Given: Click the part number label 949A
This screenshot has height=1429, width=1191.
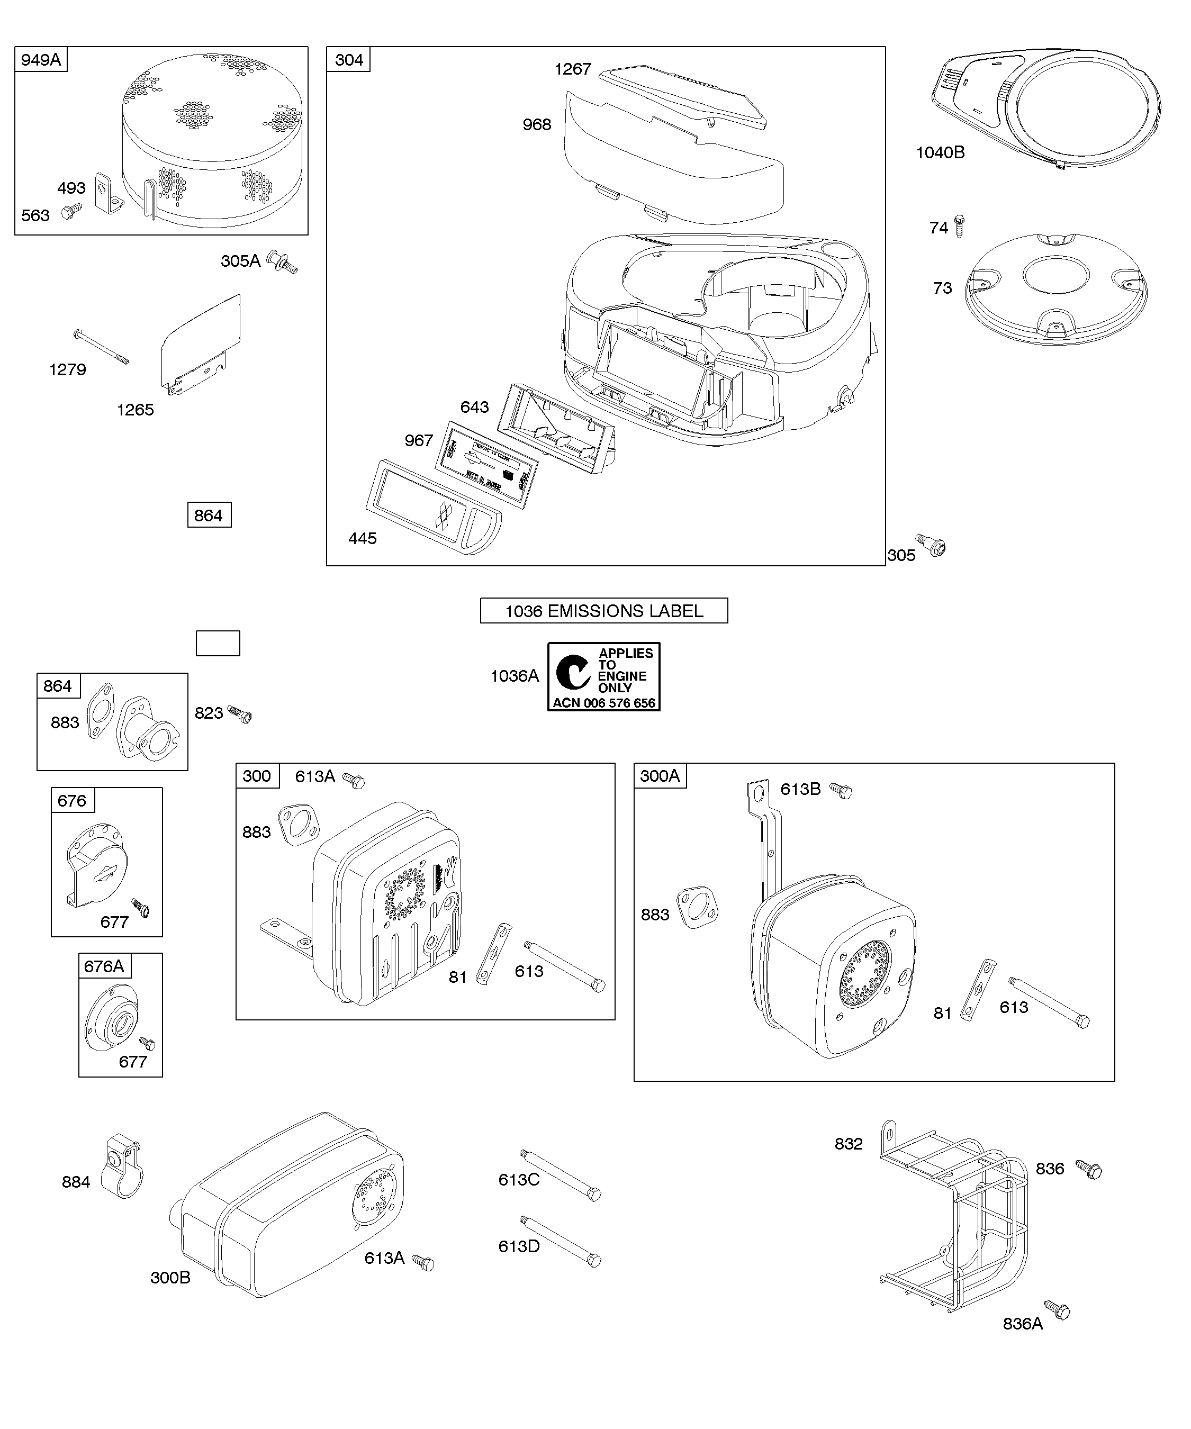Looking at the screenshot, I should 41,60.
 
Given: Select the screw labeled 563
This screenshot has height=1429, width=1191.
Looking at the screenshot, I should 70,212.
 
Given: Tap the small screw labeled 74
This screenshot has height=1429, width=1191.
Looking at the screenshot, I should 960,225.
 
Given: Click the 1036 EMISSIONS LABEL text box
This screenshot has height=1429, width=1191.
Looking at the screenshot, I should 603,610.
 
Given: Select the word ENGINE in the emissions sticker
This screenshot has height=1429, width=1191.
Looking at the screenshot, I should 622,676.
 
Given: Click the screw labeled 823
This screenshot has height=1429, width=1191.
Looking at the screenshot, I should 240,714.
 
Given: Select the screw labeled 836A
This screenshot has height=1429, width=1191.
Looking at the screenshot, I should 1058,1309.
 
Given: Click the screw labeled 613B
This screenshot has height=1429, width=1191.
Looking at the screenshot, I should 843,791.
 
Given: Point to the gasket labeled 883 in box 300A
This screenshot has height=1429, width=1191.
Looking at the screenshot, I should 697,907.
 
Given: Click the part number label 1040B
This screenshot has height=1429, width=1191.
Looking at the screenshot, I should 940,152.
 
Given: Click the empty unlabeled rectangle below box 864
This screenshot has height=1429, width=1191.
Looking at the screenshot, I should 218,643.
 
